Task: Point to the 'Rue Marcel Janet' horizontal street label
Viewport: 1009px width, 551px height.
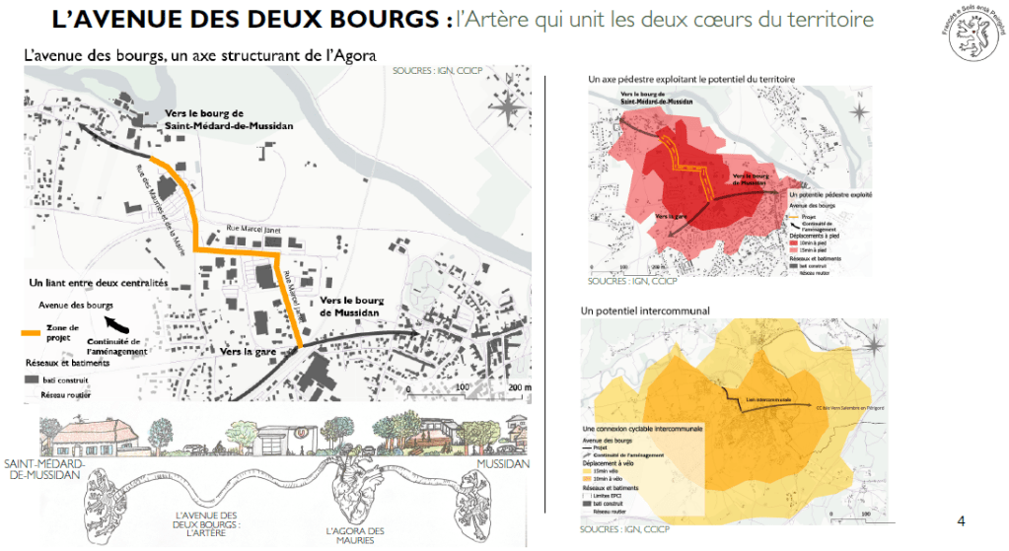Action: [x=253, y=226]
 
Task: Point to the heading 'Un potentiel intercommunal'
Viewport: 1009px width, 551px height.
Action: [x=646, y=310]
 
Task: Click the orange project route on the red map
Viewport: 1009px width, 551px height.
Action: [x=696, y=173]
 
